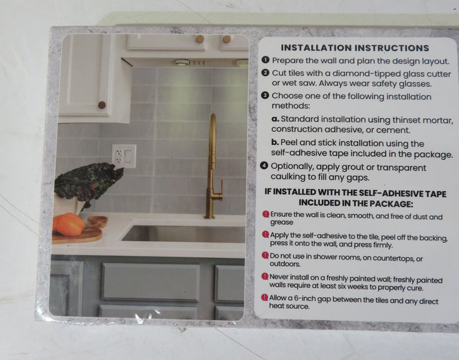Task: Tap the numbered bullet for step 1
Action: (x=265, y=60)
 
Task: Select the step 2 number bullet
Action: (x=265, y=73)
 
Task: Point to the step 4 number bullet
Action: (x=264, y=166)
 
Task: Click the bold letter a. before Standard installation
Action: (x=275, y=119)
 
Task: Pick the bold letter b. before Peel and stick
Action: (x=275, y=142)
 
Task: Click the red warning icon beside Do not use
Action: (x=265, y=255)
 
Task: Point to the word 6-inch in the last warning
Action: (x=300, y=298)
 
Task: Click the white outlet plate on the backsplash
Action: (x=124, y=156)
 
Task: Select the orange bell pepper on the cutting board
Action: (x=69, y=224)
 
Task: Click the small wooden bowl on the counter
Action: (x=98, y=222)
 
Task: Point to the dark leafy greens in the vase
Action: (x=88, y=182)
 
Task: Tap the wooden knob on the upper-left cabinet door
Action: (x=102, y=105)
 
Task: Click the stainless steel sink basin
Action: (x=184, y=233)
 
